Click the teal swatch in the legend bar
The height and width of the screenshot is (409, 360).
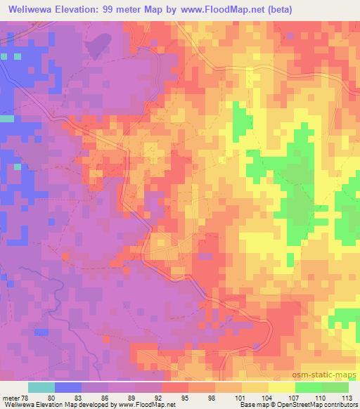(41, 387)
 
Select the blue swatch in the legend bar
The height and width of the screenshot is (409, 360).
(68, 387)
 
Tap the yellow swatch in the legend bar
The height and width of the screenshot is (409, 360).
(282, 387)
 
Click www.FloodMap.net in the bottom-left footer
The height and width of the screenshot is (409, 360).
(141, 405)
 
